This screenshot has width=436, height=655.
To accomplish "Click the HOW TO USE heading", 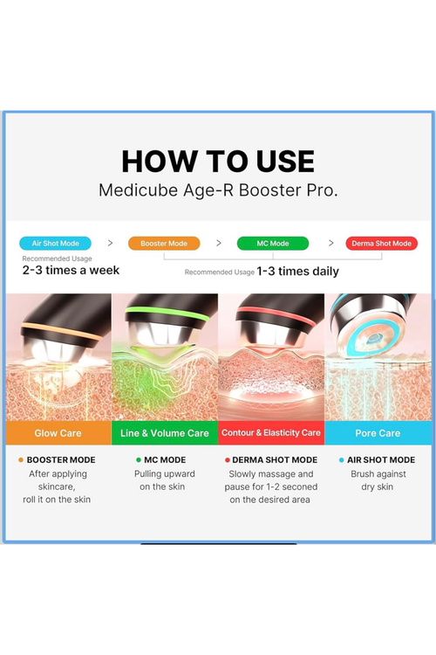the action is [x=218, y=162].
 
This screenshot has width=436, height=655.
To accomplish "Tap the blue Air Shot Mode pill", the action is [x=55, y=243].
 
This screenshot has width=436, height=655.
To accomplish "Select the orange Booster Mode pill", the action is [x=164, y=243].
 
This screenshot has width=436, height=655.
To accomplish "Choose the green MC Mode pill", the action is [x=273, y=243].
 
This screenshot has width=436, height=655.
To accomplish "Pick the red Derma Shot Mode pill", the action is [x=381, y=243].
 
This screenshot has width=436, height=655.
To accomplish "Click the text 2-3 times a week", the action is [x=71, y=270].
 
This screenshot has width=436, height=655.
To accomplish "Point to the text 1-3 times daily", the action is [x=297, y=272].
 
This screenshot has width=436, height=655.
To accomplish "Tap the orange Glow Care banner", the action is [x=58, y=433].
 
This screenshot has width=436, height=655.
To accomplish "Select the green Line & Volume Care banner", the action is [x=165, y=433].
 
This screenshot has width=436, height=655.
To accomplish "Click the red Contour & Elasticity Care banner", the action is [x=271, y=433].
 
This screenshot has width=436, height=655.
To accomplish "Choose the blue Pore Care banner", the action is [x=378, y=433].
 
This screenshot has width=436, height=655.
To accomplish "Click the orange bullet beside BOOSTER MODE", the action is [x=21, y=460].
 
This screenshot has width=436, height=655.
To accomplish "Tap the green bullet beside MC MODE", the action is [x=139, y=460].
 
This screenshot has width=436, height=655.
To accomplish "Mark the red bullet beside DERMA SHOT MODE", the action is [x=228, y=460].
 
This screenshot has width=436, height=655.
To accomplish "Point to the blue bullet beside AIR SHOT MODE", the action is [x=342, y=460].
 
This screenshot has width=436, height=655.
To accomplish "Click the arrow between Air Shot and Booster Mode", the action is [x=110, y=243].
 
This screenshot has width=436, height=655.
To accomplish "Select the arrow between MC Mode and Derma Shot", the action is [x=331, y=243].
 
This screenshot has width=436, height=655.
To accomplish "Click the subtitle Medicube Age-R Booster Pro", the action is [x=218, y=190].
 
